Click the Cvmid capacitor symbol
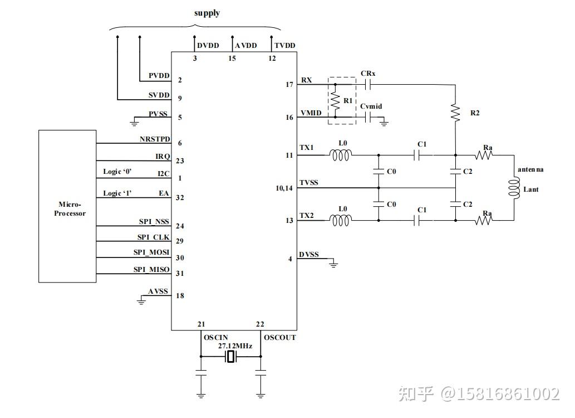coord(367,117)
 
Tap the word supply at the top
coord(207,13)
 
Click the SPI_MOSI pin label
coord(151,252)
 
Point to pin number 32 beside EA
coord(180,197)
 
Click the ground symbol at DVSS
coord(333,263)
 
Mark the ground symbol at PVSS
coord(134,120)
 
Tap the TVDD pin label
coord(284,46)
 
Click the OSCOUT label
coord(280,338)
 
